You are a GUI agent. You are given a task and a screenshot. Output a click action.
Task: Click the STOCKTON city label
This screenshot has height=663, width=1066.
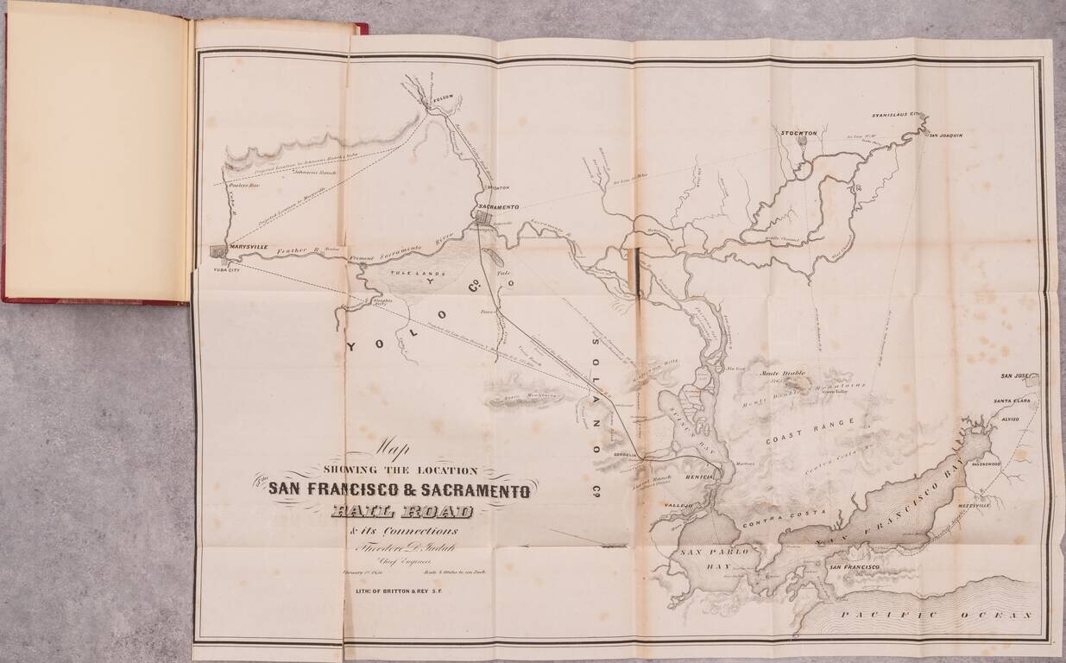(x=798, y=133)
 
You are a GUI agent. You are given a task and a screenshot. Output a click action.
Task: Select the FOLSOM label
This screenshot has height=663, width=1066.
(x=442, y=98)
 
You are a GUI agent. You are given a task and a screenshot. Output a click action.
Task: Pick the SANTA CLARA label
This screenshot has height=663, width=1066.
(x=1013, y=401)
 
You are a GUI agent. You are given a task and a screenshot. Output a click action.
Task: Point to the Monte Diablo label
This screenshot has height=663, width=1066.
(x=781, y=374)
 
